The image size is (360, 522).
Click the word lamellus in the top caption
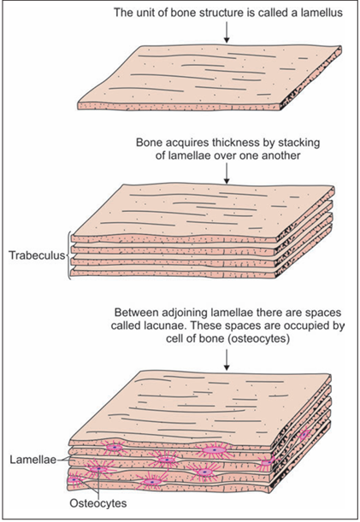click(322, 13)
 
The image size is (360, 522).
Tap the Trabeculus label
click(37, 255)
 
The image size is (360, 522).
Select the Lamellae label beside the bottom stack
click(33, 460)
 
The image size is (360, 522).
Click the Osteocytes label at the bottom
click(98, 503)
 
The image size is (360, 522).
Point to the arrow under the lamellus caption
click(227, 32)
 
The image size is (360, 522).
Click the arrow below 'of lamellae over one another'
click(227, 173)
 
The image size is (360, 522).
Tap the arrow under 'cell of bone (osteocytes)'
click(227, 360)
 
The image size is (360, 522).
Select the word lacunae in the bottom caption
click(164, 326)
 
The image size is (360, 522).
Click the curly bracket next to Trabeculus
click(69, 255)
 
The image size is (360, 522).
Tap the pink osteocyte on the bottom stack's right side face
click(304, 435)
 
